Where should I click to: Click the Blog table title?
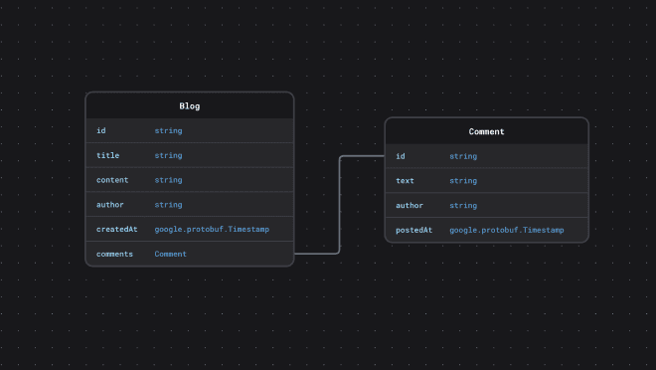[189, 105]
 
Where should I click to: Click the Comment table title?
[486, 131]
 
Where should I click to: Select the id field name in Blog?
[100, 130]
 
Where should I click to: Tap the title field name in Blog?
[107, 155]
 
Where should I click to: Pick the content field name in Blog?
[111, 180]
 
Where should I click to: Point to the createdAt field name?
[116, 229]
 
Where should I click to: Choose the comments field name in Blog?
[114, 254]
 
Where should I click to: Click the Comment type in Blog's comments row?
[170, 254]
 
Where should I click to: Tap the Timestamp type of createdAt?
[212, 229]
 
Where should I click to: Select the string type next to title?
[168, 155]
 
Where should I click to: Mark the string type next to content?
[168, 180]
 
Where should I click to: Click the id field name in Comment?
[400, 156]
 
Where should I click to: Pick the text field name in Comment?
[405, 181]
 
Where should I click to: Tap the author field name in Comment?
[409, 206]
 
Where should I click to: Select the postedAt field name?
[413, 230]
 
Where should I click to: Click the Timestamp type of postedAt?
[506, 230]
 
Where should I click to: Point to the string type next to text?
[463, 181]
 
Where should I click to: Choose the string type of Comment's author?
[463, 206]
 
